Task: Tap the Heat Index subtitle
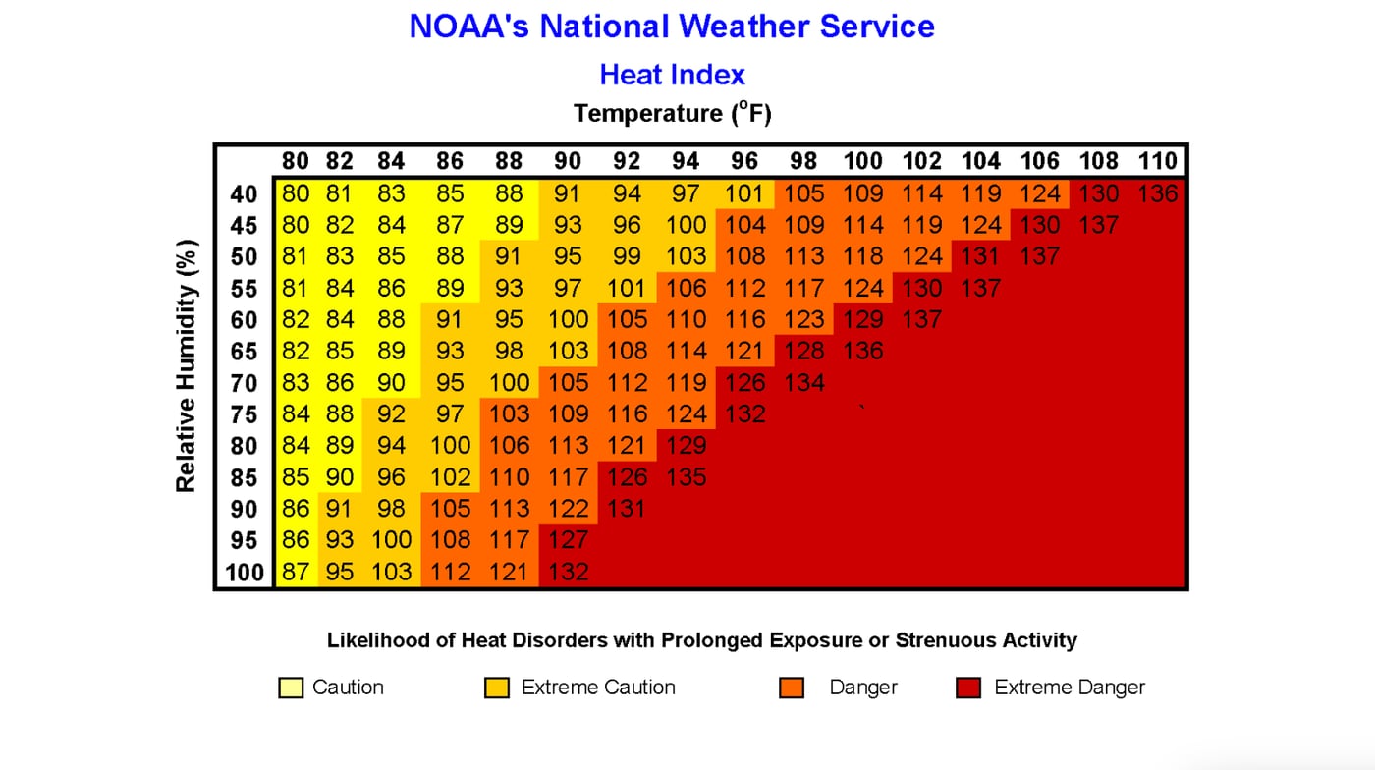(672, 75)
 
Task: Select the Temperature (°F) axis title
(672, 114)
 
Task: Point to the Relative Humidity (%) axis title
(187, 365)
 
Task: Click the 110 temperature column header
(1157, 161)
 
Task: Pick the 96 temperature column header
(744, 161)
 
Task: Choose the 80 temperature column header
(296, 161)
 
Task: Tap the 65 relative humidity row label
(245, 352)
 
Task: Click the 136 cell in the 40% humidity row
(1157, 193)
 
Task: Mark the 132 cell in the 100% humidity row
(568, 572)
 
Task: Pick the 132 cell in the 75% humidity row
(744, 413)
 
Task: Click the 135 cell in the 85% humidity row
(686, 477)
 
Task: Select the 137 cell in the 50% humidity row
(1039, 256)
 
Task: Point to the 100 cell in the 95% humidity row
(391, 540)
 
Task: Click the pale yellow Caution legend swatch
(290, 688)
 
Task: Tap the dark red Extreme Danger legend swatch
(968, 688)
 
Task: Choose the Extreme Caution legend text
(598, 687)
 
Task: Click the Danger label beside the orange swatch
(863, 687)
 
